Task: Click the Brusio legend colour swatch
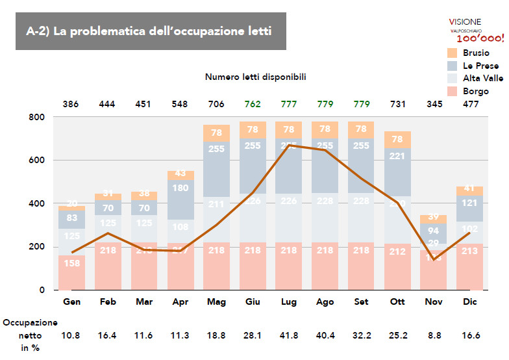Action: coord(453,53)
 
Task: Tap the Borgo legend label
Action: coord(476,92)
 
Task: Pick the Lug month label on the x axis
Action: coord(289,303)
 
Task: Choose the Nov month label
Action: coord(434,303)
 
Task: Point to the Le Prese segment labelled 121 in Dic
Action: coord(469,203)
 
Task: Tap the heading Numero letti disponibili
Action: coord(255,77)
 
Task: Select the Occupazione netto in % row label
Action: coord(30,335)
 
